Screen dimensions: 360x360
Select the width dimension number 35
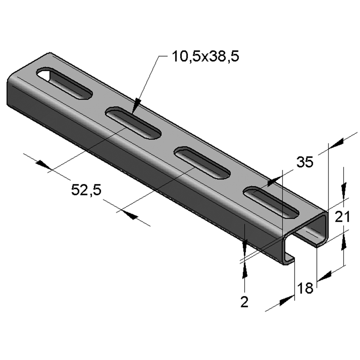(305, 163)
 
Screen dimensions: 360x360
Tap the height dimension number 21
(342, 218)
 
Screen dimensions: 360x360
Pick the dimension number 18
(305, 288)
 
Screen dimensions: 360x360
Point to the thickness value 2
(245, 302)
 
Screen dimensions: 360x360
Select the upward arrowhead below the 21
(344, 240)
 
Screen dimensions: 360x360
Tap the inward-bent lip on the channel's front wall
(290, 258)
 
